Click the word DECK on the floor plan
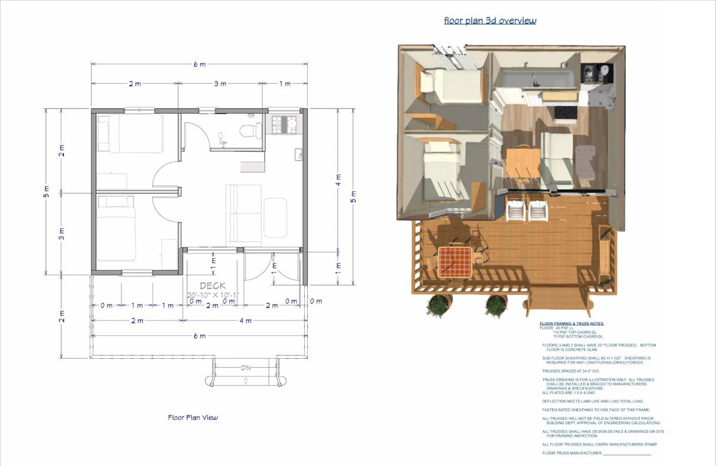[x=212, y=286]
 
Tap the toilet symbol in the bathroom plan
[x=254, y=129]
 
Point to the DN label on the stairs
[x=245, y=368]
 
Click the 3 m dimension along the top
[x=220, y=84]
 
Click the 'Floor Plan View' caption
[x=193, y=418]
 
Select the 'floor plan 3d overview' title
[x=490, y=21]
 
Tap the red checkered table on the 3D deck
[x=455, y=262]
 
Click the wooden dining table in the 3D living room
[x=523, y=163]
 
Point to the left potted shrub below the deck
[x=438, y=305]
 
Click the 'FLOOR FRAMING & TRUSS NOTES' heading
[x=572, y=323]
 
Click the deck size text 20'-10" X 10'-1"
[x=213, y=295]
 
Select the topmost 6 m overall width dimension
[x=199, y=64]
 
